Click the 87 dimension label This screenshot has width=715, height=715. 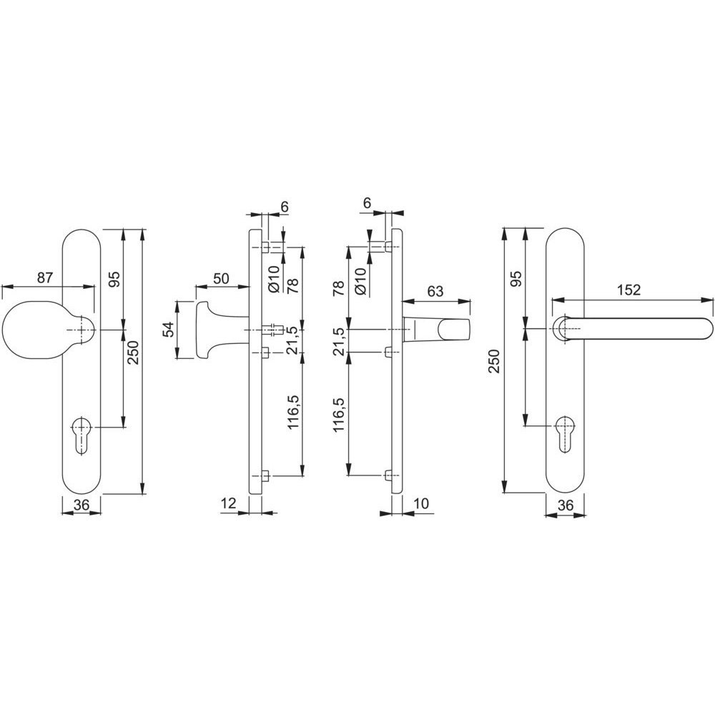click(44, 277)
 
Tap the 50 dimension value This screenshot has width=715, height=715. click(221, 278)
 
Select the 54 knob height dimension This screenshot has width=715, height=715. click(168, 329)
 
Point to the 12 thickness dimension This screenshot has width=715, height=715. click(228, 503)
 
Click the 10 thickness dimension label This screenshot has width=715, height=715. click(422, 503)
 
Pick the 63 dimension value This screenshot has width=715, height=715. click(435, 291)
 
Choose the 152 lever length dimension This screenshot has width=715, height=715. click(628, 290)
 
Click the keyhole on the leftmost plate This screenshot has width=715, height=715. click(82, 435)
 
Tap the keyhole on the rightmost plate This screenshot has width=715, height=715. click(565, 434)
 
